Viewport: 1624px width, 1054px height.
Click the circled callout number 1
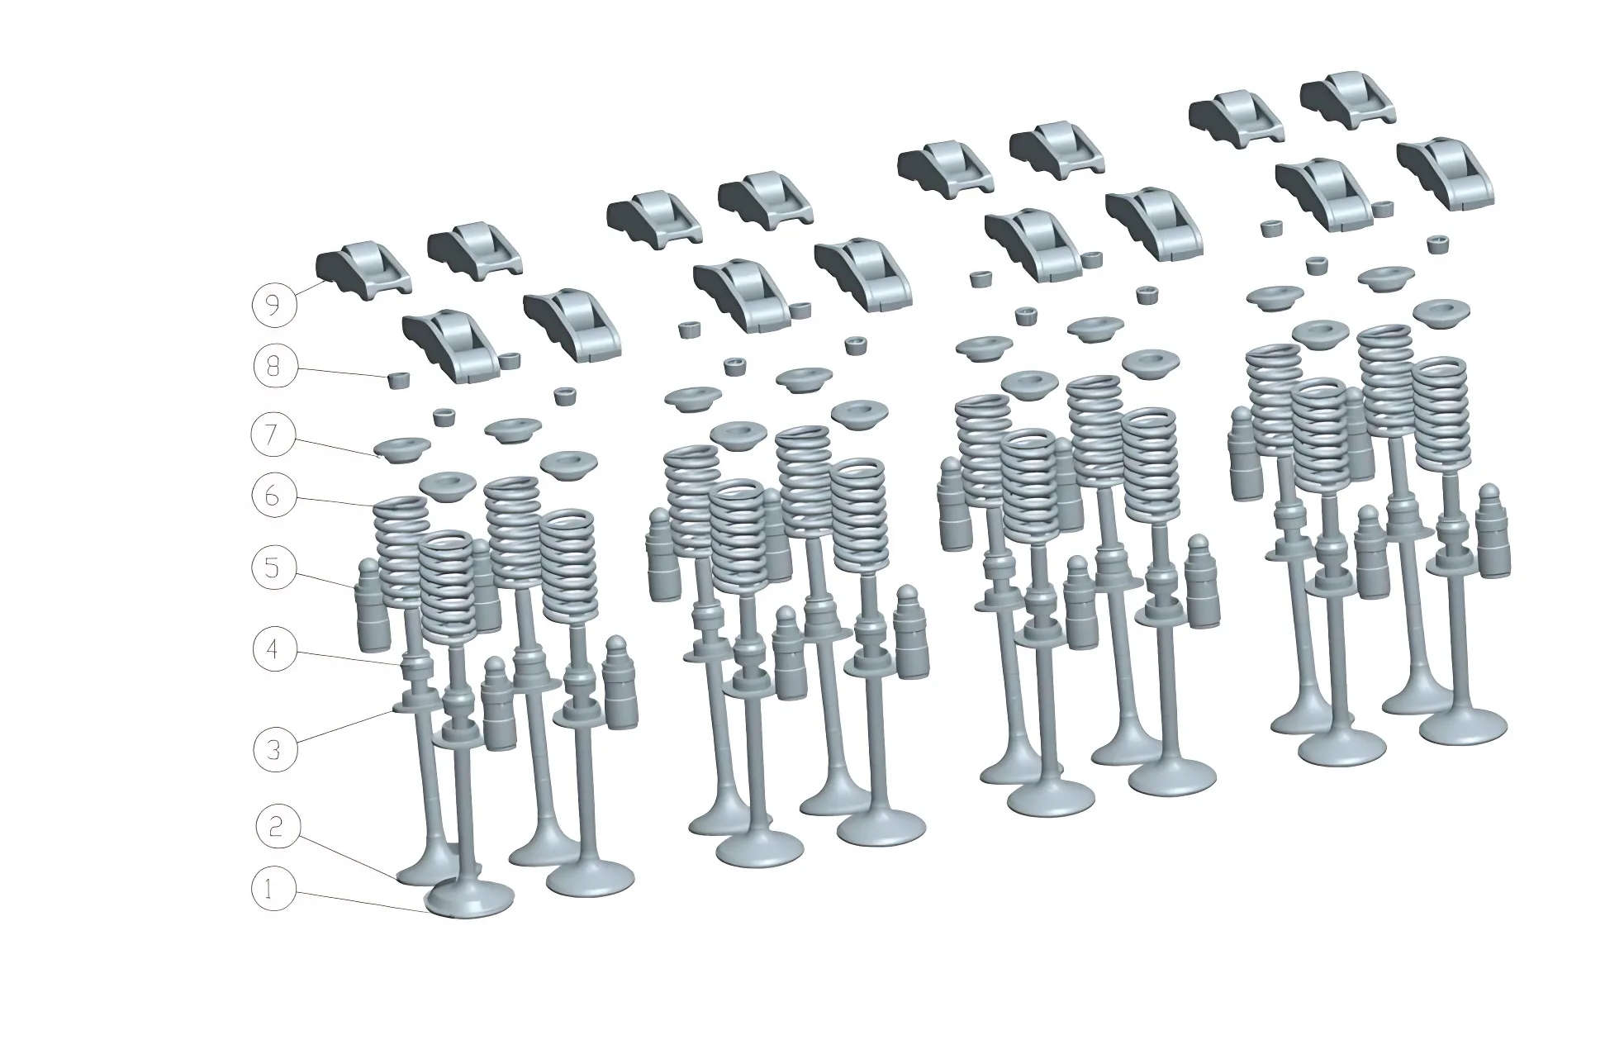[x=273, y=890]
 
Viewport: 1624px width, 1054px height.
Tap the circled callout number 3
[x=274, y=750]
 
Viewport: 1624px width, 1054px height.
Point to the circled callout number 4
[x=274, y=650]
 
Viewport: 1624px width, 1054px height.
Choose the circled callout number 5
[x=274, y=568]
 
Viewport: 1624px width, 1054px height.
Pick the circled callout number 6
[x=274, y=496]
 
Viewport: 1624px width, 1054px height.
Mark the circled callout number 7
[x=274, y=435]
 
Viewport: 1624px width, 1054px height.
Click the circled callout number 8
[x=274, y=366]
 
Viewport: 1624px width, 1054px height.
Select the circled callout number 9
[x=273, y=305]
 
